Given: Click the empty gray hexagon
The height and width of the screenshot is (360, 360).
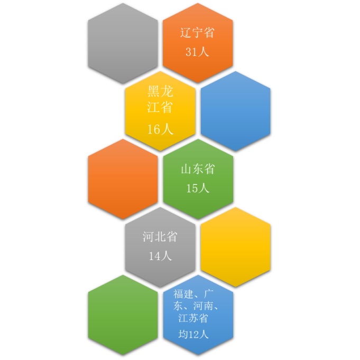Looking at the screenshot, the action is coord(123,43).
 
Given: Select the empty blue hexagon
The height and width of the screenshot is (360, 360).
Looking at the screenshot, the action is coord(235,110).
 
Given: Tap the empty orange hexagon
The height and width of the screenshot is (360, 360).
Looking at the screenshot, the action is coord(123,179).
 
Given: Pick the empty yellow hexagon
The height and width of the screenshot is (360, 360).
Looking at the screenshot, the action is coord(235,246).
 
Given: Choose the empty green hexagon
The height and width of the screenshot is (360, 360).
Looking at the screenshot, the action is coord(123,314).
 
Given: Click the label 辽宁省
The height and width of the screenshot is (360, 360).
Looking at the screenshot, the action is coord(198,33).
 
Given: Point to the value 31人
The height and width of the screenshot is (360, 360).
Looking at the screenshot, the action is coord(198,52).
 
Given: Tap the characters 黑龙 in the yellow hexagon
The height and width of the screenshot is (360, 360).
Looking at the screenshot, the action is coord(160,91).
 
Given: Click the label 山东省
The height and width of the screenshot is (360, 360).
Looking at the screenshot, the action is coord(198,169).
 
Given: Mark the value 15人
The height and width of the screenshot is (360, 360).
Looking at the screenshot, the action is coord(198,188).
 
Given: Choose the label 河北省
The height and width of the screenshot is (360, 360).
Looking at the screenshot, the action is coord(160,237).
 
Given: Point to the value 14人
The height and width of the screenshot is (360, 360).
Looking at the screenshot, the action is coord(160,256).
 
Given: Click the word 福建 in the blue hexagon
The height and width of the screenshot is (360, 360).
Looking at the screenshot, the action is coord(183,294).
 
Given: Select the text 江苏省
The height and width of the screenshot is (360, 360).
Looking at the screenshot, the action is coord(193,318).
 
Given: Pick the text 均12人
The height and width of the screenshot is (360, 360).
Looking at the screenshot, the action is coord(193,334).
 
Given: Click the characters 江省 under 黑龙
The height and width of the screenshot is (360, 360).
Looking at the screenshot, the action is coord(160,107).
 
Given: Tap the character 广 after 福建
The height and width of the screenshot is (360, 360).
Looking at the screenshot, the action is coord(209,294).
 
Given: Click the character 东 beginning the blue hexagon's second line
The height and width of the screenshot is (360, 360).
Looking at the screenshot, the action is coord(178,306).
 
